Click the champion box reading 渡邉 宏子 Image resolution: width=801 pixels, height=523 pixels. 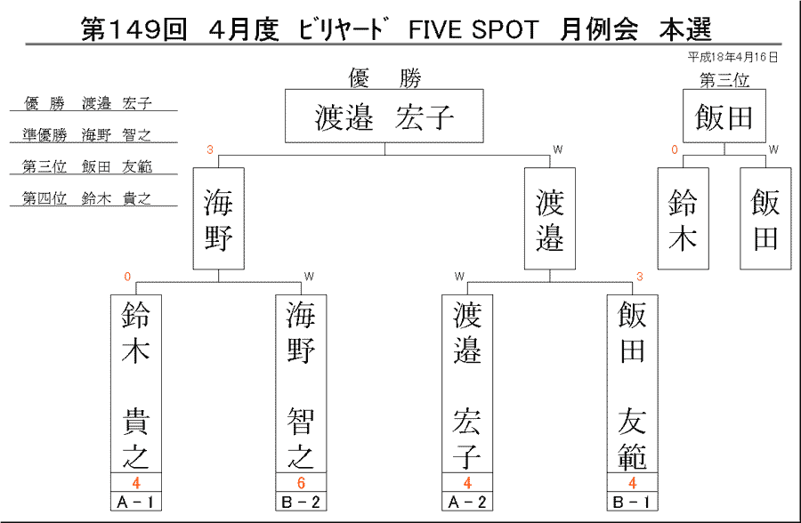[384, 116]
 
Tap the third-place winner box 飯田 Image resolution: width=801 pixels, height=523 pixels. [724, 116]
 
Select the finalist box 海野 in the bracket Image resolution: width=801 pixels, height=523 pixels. [219, 219]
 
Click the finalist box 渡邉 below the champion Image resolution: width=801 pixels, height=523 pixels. [550, 219]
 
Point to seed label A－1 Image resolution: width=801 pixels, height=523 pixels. [136, 502]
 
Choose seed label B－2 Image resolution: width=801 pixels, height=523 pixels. [301, 502]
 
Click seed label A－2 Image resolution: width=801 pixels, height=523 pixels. [467, 502]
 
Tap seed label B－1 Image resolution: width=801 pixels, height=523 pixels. [633, 502]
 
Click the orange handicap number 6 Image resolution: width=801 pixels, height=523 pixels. [301, 483]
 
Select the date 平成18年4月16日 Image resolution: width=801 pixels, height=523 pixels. [732, 57]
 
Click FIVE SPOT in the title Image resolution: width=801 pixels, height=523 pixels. [473, 29]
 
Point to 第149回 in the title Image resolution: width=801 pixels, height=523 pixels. [134, 29]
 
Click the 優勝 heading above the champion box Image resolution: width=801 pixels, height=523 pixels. [384, 78]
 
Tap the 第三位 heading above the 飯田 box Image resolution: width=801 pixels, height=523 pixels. [724, 80]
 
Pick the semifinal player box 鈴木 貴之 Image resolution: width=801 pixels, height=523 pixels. [136, 384]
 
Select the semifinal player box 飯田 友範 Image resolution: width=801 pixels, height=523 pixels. [633, 384]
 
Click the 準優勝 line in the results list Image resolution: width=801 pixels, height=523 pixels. [87, 135]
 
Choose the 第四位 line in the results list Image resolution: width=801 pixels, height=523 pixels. [87, 198]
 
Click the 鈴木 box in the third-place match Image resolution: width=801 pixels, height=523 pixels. [683, 219]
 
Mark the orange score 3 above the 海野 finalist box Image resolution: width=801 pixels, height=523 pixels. [209, 149]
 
